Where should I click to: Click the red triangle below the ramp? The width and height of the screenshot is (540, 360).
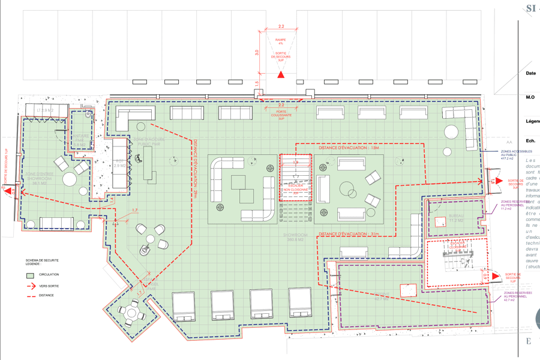point(281,74)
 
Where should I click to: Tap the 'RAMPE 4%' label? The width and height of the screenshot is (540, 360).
point(281,41)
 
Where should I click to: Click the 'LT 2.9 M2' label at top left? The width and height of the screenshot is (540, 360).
point(46,110)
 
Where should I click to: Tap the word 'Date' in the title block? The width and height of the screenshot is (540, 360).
point(530,74)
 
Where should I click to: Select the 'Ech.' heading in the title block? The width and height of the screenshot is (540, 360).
point(530,141)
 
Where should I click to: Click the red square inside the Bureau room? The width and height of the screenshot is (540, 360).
point(440,220)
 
